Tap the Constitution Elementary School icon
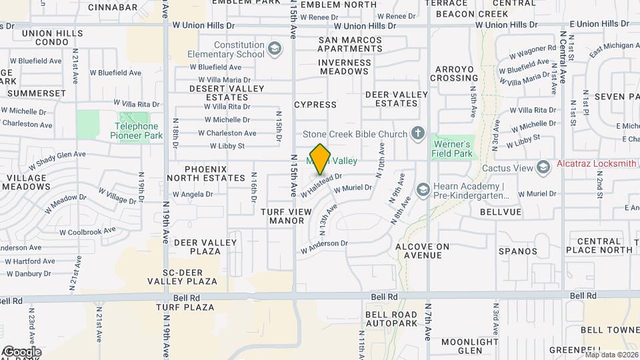(274, 49)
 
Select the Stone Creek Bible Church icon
(418, 135)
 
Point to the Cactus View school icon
(543, 166)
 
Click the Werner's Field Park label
(453, 149)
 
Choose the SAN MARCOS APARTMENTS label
(350, 45)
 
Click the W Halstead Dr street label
(321, 185)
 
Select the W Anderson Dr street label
(324, 247)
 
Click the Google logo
(22, 351)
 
